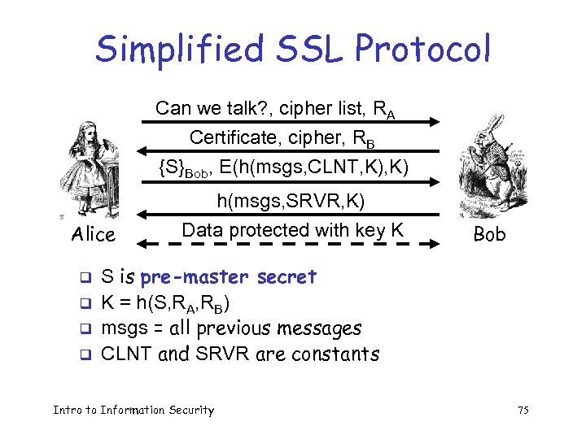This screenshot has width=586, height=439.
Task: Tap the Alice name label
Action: coord(93,235)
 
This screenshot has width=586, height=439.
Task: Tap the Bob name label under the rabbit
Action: coord(489,235)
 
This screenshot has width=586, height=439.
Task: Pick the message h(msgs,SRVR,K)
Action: coord(290,200)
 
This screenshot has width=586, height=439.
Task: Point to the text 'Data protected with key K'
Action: coord(292,230)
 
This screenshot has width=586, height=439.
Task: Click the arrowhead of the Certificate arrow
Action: coord(142,151)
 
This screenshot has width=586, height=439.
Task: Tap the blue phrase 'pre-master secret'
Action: coord(228,277)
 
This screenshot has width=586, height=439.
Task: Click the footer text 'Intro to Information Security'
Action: coord(133,410)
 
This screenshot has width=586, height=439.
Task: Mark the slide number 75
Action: coord(523,411)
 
